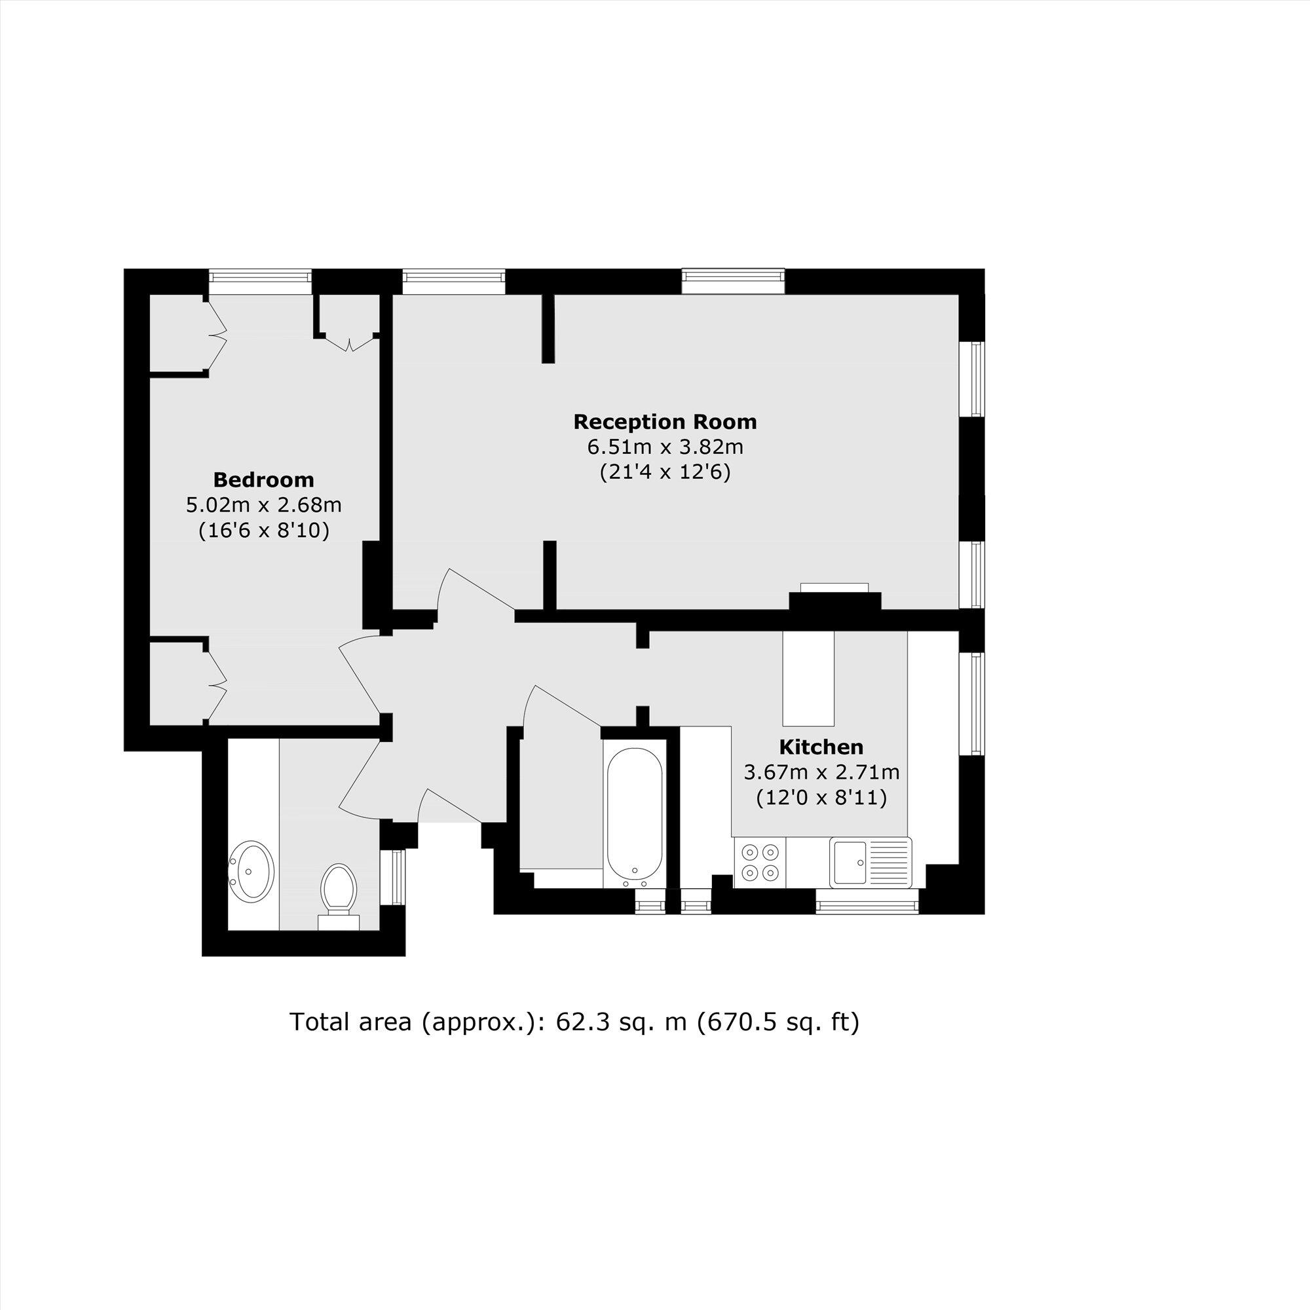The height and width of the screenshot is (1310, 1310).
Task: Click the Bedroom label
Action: [263, 480]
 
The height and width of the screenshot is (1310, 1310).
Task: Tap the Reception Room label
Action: [664, 422]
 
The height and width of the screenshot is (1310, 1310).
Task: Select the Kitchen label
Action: [821, 747]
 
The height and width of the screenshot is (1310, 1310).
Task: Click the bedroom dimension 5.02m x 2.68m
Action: [263, 505]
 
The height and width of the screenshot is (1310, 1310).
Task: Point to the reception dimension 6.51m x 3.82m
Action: [664, 447]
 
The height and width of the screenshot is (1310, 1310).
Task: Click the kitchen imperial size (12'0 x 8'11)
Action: [821, 798]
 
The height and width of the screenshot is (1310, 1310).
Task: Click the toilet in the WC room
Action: [339, 888]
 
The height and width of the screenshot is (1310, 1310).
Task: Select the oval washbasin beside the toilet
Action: [252, 871]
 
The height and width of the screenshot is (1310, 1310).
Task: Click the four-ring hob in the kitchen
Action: [760, 861]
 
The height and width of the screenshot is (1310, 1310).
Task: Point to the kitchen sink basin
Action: [849, 862]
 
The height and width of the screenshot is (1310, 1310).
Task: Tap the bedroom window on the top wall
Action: [259, 281]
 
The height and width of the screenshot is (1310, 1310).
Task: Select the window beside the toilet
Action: [392, 878]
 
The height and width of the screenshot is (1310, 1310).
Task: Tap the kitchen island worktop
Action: [808, 678]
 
